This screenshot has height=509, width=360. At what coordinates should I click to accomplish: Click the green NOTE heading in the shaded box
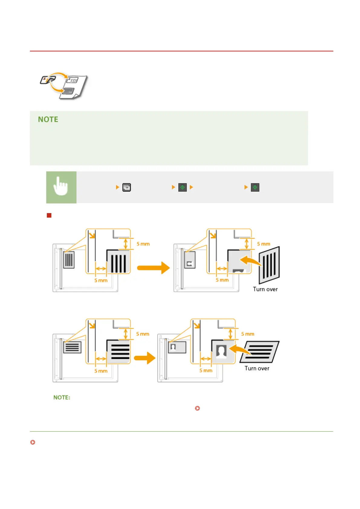tap(48, 119)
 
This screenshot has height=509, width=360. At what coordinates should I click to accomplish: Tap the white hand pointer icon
tap(61, 186)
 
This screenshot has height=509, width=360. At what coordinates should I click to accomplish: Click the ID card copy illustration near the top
tap(64, 86)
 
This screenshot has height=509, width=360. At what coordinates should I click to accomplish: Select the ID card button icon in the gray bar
tap(126, 187)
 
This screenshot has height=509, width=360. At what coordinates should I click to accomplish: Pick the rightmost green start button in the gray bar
tap(255, 187)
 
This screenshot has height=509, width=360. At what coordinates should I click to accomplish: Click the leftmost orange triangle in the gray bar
tap(118, 187)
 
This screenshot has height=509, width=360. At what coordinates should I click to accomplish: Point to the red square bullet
tap(49, 215)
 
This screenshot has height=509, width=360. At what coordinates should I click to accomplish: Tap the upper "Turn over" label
tap(265, 289)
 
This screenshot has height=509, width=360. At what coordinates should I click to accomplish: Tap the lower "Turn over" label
tap(257, 368)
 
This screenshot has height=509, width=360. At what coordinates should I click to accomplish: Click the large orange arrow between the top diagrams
tap(153, 267)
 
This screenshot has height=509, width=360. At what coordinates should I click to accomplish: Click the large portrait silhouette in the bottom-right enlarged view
tap(221, 352)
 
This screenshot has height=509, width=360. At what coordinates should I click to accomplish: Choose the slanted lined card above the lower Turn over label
tap(259, 352)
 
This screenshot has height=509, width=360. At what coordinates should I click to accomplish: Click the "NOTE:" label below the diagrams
tap(62, 397)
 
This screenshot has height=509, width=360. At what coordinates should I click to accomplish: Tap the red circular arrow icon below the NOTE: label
tap(197, 408)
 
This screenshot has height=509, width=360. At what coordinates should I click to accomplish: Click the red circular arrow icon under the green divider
tap(33, 442)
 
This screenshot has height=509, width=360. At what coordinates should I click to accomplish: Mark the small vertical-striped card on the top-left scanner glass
tap(69, 260)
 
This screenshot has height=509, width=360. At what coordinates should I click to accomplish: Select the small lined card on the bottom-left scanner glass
tap(72, 347)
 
